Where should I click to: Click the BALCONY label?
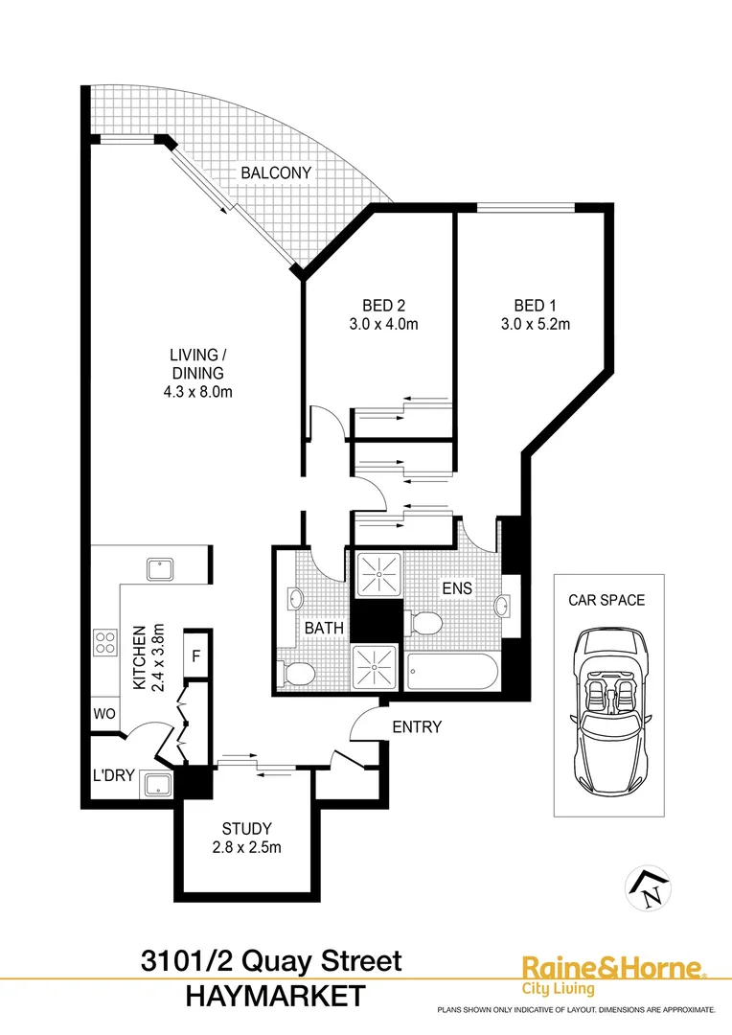pos(276,172)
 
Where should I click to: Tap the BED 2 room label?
pos(383,306)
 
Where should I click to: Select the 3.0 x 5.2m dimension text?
pos(536,324)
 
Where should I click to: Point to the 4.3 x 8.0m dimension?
pos(198,391)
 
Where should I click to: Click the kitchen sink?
pos(160,569)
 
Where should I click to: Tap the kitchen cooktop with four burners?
pos(105,642)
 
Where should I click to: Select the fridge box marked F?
pos(195,655)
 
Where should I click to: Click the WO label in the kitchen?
pos(104,714)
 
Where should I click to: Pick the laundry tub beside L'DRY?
pos(158,785)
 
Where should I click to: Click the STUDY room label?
pos(247,828)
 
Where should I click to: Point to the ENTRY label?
pos(417,726)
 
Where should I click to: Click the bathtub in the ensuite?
pos(452,672)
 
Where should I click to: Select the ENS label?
pos(457,587)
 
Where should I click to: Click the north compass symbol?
pos(649,887)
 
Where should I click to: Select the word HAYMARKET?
pos(276,996)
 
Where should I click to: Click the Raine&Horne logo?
pos(614,975)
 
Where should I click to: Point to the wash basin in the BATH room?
pos(295,599)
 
